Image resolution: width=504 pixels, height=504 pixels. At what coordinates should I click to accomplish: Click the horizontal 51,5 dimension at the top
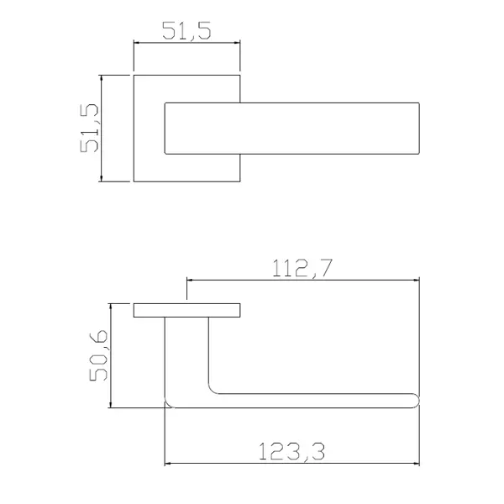tap(186, 31)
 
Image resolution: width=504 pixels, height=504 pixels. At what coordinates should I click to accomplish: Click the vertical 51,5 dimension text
tap(89, 128)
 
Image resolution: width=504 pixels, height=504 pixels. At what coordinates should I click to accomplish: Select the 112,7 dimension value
tap(302, 268)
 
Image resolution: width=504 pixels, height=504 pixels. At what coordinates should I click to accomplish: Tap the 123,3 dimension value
tap(291, 451)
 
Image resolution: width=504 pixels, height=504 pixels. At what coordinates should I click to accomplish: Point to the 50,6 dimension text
tap(98, 355)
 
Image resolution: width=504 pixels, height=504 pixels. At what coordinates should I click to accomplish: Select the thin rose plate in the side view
tap(186, 310)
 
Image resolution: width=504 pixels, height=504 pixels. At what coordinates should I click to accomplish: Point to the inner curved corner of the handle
tap(213, 390)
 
